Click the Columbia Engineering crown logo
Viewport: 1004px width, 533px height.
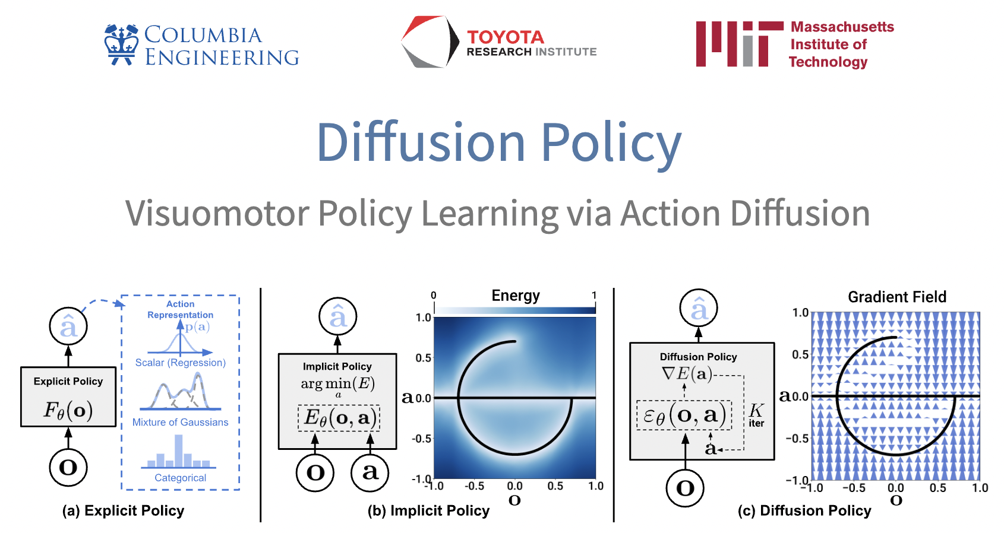121,45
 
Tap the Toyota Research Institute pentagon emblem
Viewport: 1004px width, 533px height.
430,42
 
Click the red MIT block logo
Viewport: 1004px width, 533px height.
740,44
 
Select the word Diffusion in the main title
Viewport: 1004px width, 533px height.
421,142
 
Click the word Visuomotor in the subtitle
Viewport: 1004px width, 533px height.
217,213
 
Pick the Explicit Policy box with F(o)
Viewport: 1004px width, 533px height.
68,397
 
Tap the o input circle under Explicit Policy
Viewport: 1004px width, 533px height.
68,467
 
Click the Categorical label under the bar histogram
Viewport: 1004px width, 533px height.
180,478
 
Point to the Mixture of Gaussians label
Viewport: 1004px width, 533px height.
180,423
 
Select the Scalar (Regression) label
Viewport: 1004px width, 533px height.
180,363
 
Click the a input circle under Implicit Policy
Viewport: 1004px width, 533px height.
370,472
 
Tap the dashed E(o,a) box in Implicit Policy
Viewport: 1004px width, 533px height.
339,418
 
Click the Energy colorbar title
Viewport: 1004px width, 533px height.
516,296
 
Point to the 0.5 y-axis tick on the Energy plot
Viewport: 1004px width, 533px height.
423,358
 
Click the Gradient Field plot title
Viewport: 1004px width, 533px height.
897,297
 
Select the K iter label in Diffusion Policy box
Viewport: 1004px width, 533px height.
757,415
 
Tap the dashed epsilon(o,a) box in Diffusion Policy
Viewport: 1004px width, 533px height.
684,415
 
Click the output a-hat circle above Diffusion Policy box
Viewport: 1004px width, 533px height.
698,308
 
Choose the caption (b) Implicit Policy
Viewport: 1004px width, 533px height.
428,511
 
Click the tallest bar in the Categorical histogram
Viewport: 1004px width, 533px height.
178,450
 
